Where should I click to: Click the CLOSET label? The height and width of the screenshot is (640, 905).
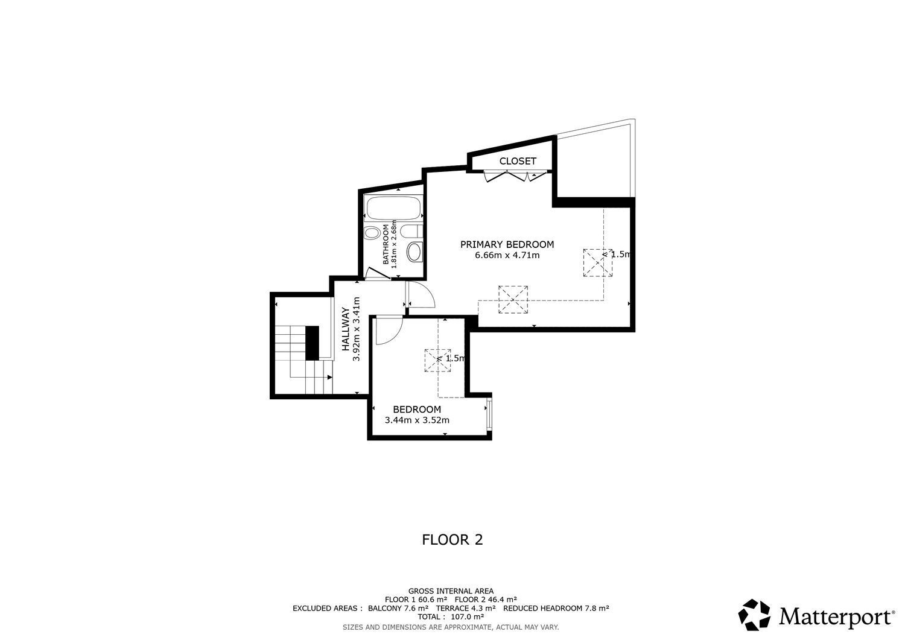pos(518,161)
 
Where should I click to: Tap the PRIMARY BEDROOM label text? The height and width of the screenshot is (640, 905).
pos(507,244)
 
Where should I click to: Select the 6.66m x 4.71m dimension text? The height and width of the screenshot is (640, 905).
pos(507,255)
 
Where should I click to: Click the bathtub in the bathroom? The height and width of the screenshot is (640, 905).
pos(392,208)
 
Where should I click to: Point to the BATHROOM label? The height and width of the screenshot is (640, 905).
pos(386,244)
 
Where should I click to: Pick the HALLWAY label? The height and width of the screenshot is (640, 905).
pos(346,329)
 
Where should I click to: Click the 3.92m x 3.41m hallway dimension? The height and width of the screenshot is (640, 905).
pos(356,329)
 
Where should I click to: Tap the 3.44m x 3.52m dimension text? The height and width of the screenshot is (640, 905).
pos(417,420)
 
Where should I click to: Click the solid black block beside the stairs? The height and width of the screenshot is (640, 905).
pos(312,343)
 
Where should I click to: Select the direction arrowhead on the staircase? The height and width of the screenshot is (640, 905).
pos(329,378)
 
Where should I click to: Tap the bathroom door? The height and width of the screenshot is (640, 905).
pos(378,274)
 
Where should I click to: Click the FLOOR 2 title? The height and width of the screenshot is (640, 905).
pos(453,540)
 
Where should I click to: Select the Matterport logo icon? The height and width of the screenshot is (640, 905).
pos(754,615)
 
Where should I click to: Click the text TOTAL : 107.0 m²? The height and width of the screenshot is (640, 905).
pos(451,617)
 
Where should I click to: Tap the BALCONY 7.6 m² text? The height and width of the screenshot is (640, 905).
pos(398,608)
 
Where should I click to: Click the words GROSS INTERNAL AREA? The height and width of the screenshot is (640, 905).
pos(451,591)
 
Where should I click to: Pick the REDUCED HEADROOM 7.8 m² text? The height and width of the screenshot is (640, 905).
pos(556,608)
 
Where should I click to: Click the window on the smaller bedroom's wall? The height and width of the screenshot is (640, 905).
pos(489,415)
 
